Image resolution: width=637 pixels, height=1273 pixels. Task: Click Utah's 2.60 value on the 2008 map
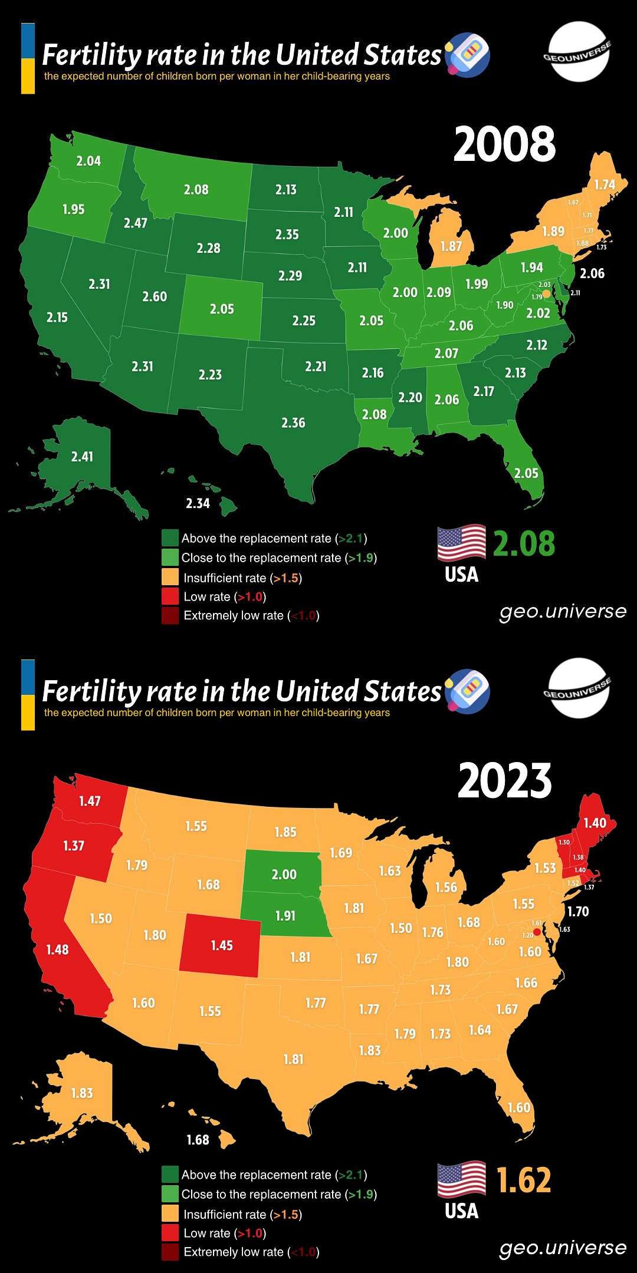pyautogui.click(x=155, y=296)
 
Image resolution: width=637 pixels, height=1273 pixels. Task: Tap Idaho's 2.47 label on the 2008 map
pyautogui.click(x=135, y=223)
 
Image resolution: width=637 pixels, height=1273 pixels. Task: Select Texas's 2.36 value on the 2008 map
pyautogui.click(x=293, y=423)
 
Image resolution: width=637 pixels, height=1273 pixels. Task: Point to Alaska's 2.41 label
pyautogui.click(x=82, y=456)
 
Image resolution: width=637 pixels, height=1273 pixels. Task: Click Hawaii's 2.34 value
pyautogui.click(x=198, y=503)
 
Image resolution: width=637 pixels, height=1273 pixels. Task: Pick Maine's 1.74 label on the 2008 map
pyautogui.click(x=605, y=184)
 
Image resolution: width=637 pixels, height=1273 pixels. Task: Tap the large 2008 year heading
pyautogui.click(x=504, y=144)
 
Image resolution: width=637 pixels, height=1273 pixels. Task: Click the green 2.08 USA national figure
pyautogui.click(x=523, y=543)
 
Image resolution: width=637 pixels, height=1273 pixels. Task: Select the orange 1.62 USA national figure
pyautogui.click(x=523, y=1180)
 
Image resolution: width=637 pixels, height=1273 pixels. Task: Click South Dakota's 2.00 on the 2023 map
pyautogui.click(x=284, y=875)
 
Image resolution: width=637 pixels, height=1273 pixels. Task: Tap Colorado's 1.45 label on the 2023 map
pyautogui.click(x=222, y=945)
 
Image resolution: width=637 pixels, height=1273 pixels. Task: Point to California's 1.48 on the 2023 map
pyautogui.click(x=57, y=949)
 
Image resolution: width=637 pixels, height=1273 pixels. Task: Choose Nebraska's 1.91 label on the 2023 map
pyautogui.click(x=285, y=916)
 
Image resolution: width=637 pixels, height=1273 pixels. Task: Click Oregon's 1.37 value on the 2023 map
pyautogui.click(x=74, y=846)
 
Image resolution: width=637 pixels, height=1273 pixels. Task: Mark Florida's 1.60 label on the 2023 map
pyautogui.click(x=519, y=1107)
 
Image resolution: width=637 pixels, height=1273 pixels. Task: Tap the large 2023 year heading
pyautogui.click(x=504, y=780)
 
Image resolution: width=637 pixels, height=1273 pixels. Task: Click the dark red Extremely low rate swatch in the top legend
pyautogui.click(x=170, y=615)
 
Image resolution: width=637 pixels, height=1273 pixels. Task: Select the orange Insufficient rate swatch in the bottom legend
pyautogui.click(x=170, y=1214)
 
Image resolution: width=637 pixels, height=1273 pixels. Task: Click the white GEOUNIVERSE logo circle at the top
pyautogui.click(x=576, y=52)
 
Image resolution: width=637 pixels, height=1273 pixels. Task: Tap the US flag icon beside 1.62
pyautogui.click(x=461, y=1179)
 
